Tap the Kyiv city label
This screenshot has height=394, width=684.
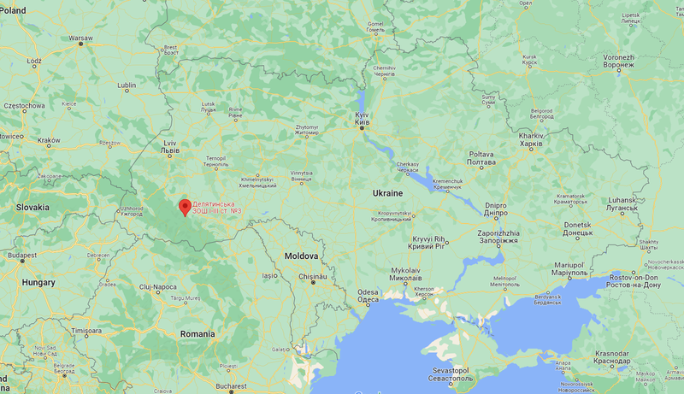(x=363, y=118)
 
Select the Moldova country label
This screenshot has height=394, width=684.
(x=301, y=256)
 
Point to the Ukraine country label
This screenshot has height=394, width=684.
(x=387, y=193)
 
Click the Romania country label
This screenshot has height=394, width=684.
(x=198, y=333)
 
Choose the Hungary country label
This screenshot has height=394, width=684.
(x=38, y=282)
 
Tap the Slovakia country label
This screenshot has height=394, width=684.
(x=32, y=207)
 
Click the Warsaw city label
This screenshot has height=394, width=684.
(x=80, y=38)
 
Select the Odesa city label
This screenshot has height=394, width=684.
(x=368, y=296)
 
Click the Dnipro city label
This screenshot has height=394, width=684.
(x=496, y=209)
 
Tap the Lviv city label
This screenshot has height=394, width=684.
(x=170, y=147)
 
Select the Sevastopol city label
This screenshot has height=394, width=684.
(x=450, y=374)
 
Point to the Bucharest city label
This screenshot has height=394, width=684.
(x=231, y=386)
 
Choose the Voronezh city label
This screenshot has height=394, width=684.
(x=618, y=61)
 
